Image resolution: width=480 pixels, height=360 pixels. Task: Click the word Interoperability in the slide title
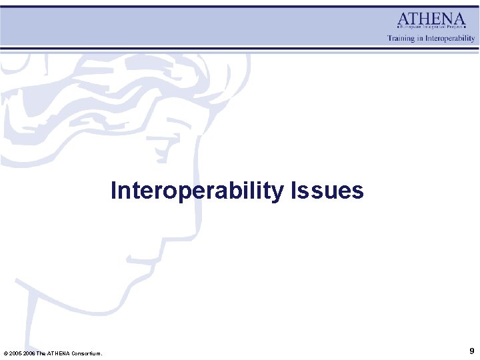point(198,191)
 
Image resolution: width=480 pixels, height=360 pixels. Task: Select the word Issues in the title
point(327,191)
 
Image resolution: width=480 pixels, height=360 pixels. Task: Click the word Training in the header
point(401,39)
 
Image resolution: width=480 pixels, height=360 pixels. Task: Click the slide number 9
point(472,351)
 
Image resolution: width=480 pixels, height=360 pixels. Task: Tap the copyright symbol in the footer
point(6,353)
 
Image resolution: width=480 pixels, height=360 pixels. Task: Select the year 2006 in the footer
point(29,353)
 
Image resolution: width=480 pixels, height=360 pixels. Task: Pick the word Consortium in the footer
point(85,353)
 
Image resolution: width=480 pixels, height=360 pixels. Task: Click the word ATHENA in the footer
point(58,353)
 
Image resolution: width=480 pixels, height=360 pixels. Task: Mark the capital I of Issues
point(293,191)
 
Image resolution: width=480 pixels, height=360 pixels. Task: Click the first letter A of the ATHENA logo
point(403,19)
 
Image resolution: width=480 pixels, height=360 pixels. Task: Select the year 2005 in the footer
point(16,353)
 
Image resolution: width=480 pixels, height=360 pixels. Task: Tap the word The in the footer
point(41,353)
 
